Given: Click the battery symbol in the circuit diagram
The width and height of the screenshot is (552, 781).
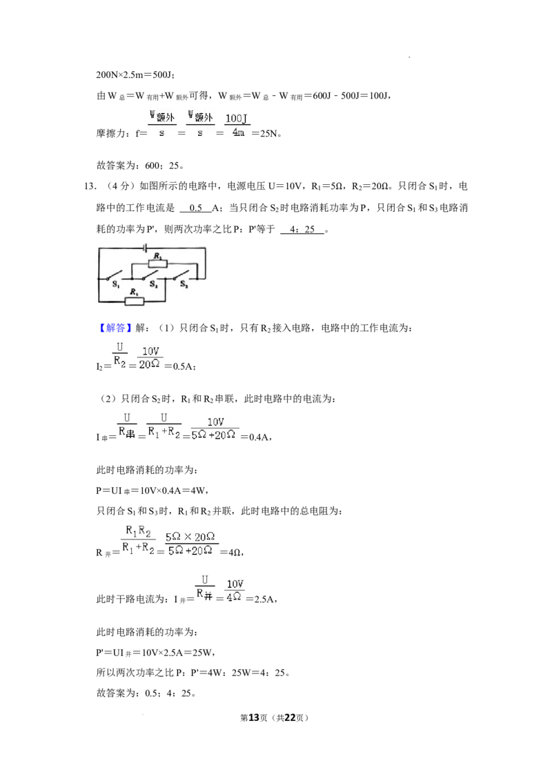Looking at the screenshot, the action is pos(144,248).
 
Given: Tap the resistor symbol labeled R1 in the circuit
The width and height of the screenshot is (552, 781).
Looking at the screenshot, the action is pos(134,301).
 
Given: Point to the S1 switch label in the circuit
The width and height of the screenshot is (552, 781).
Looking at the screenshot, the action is pos(116,284).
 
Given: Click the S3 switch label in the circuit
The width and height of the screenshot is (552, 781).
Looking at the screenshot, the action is pos(184,284).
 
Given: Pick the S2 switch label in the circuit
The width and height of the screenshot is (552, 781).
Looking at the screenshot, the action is pos(153,284).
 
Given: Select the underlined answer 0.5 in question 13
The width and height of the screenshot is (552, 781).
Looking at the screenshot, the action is pos(196,208).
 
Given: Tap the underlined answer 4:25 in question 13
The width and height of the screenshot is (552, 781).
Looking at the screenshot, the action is pos(302,229).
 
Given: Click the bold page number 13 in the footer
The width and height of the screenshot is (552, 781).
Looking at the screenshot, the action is pos(254,718).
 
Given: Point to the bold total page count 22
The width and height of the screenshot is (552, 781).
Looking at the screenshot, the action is pos(290,718).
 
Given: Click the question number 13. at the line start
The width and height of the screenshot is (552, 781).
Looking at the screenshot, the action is pos(90,186).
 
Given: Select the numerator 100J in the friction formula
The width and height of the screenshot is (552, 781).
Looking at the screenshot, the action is pos(236,119).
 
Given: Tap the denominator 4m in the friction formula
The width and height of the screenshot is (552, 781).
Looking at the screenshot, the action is pos(238,132).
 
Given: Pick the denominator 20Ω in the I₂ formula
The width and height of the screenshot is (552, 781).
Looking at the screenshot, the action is pos(149,364).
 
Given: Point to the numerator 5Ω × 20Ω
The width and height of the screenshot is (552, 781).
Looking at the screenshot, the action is pos(190,537).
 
